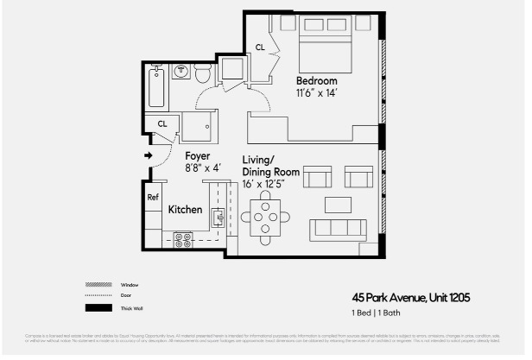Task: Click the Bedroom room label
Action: [316, 80]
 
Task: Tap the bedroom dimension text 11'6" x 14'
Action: [316, 92]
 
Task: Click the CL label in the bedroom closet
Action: [260, 47]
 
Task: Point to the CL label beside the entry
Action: [161, 124]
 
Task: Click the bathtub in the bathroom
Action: [156, 85]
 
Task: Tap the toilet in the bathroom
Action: [201, 76]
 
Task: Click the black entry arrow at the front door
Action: [148, 156]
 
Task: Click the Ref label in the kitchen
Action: [153, 197]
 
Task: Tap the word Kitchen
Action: [185, 210]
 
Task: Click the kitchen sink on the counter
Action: [219, 216]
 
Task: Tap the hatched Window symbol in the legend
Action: [96, 284]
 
